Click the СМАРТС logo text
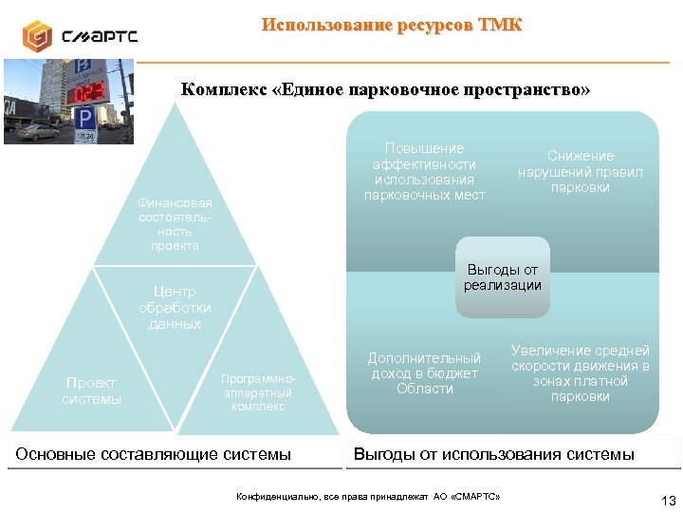coord(100,37)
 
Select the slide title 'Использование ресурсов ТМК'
coord(391,25)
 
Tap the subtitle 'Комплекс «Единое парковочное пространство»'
coord(385,90)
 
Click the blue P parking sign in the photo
coord(84,119)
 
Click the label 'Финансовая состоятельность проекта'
coord(175,224)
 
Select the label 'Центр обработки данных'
coord(175,308)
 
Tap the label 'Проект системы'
coord(91,390)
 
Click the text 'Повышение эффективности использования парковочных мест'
coord(424,172)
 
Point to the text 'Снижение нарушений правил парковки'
coord(580,171)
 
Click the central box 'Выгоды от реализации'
coord(502,276)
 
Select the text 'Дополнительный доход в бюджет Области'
coord(424,373)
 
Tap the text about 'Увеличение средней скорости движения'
coord(580,373)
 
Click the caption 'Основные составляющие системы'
coord(154,454)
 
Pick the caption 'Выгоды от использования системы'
coord(493,454)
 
